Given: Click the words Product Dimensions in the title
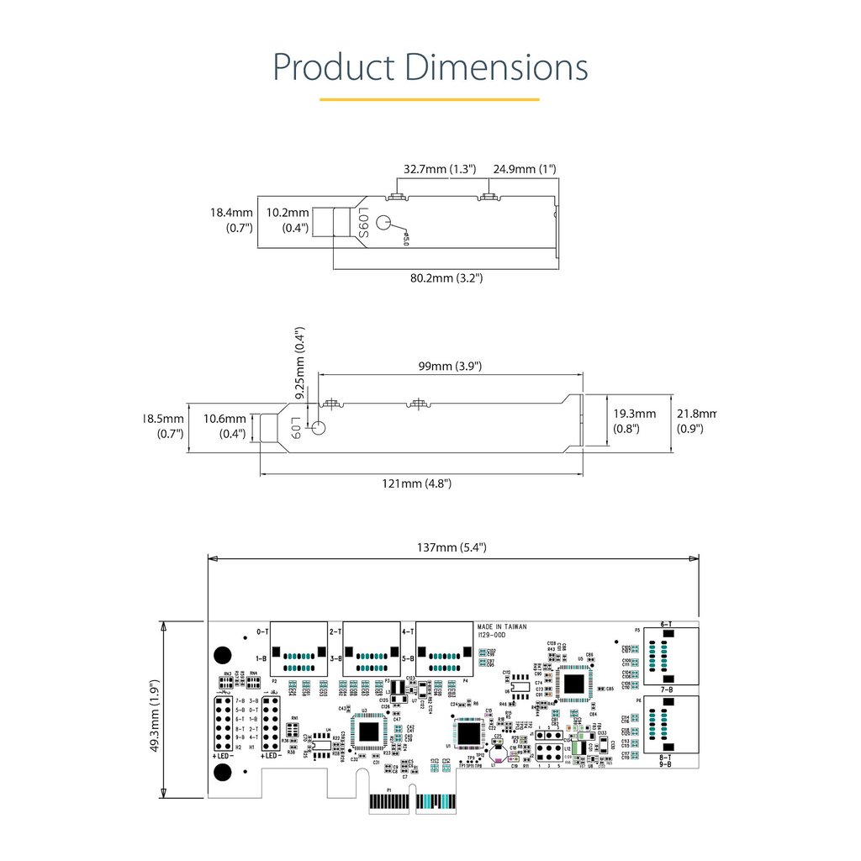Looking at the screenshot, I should tap(430, 67).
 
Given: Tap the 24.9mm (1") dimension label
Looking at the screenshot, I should tap(525, 169).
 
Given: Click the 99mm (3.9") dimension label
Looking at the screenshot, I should tap(450, 367).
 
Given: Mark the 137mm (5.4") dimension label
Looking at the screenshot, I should tap(452, 548).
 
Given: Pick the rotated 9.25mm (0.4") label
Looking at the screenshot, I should tap(300, 362).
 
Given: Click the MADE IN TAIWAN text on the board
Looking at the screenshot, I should tap(502, 627).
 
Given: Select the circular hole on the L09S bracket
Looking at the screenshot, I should tap(384, 224).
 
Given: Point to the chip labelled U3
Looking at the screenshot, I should tap(367, 731).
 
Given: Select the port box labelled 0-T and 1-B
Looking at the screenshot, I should tap(298, 647).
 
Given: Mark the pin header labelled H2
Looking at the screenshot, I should tap(224, 724).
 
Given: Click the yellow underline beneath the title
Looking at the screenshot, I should tap(430, 99).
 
